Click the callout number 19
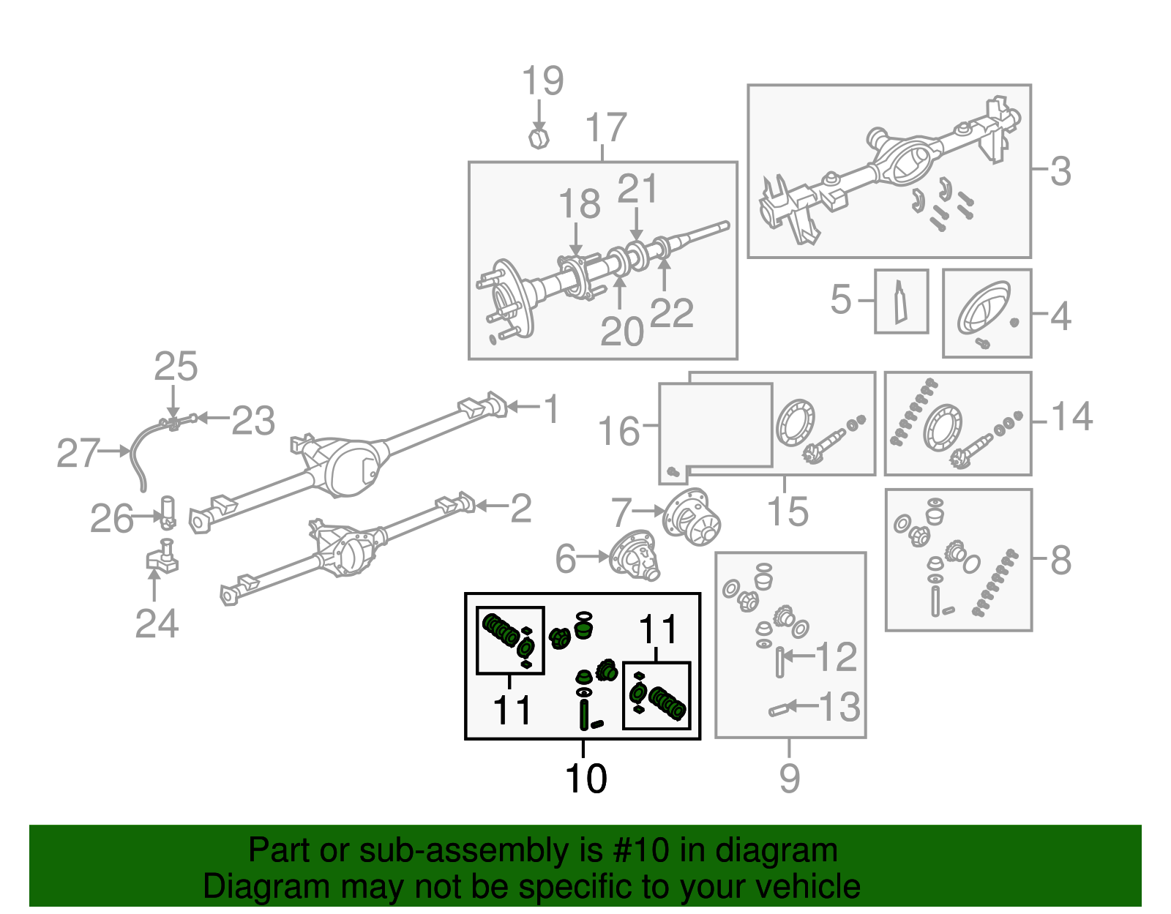pyautogui.click(x=542, y=81)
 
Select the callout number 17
pyautogui.click(x=606, y=128)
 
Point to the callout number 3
pyautogui.click(x=1060, y=171)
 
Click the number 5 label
pyautogui.click(x=841, y=299)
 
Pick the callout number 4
pyautogui.click(x=1060, y=316)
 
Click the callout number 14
pyautogui.click(x=1071, y=417)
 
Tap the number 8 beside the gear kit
pyautogui.click(x=1060, y=561)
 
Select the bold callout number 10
pyautogui.click(x=585, y=778)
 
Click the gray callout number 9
pyautogui.click(x=789, y=778)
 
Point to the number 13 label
pyautogui.click(x=839, y=707)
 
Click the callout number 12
pyautogui.click(x=835, y=656)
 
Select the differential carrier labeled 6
pyautogui.click(x=635, y=556)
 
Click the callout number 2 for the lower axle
pyautogui.click(x=520, y=508)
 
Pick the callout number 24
pyautogui.click(x=157, y=624)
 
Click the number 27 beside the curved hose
pyautogui.click(x=78, y=454)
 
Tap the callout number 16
pyautogui.click(x=618, y=432)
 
